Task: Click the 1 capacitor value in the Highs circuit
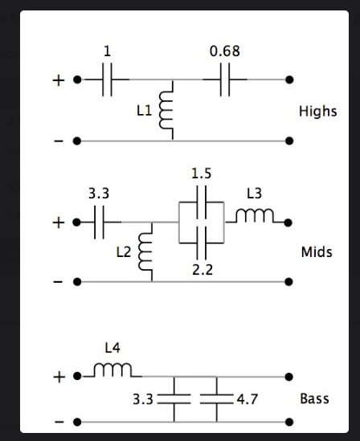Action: click(x=108, y=51)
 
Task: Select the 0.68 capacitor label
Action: click(x=224, y=51)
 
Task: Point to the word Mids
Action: click(x=316, y=252)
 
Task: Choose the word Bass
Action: click(x=314, y=398)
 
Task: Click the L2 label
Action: click(x=122, y=252)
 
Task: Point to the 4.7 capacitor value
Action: click(x=244, y=398)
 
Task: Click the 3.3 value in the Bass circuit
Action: click(x=141, y=398)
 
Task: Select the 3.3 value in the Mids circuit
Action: click(x=98, y=194)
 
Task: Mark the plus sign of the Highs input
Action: click(x=59, y=80)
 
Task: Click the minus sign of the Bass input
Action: click(x=59, y=421)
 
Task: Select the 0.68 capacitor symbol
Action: click(x=224, y=80)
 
